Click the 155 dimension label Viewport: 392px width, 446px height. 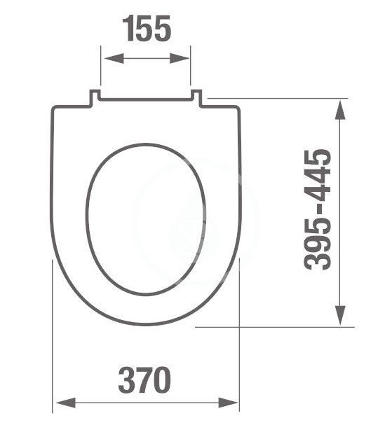(x=147, y=29)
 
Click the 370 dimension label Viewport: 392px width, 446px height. (x=144, y=381)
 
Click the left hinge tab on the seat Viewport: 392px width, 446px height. (x=93, y=99)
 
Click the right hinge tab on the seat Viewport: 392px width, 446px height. (x=197, y=99)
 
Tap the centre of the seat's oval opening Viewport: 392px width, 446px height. (x=147, y=219)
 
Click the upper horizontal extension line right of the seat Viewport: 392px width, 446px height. (x=273, y=99)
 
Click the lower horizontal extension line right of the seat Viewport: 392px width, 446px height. (x=273, y=327)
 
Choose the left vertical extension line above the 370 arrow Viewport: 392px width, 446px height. (x=53, y=329)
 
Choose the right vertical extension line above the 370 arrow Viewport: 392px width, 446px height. (x=240, y=329)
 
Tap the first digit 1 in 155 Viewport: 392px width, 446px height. (x=128, y=29)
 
